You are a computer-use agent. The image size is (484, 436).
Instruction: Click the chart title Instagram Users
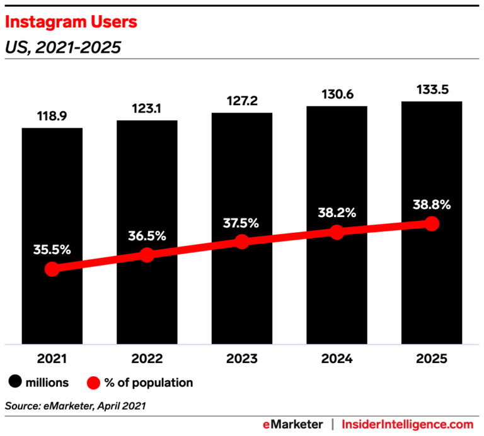(71, 23)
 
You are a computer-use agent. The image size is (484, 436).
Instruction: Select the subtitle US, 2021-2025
(62, 47)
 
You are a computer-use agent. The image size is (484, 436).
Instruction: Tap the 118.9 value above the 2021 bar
(52, 117)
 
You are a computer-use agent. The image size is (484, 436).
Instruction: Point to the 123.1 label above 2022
(147, 109)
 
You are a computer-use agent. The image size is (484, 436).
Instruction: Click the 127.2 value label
(242, 102)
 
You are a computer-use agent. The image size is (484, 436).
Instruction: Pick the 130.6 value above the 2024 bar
(337, 94)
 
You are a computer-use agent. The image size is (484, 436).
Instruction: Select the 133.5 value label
(432, 89)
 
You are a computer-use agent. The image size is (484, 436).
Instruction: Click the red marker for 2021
(52, 269)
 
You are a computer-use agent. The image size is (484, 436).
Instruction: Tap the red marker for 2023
(242, 242)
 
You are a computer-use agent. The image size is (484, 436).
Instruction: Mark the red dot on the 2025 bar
(432, 223)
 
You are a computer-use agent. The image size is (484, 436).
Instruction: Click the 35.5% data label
(52, 249)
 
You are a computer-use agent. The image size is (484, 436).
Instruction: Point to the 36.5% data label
(147, 236)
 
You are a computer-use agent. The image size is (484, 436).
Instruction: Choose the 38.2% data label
(337, 212)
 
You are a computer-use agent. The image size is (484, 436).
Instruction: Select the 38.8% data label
(432, 204)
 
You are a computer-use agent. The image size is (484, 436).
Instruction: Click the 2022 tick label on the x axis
(147, 359)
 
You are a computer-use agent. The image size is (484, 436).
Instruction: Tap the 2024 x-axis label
(337, 359)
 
